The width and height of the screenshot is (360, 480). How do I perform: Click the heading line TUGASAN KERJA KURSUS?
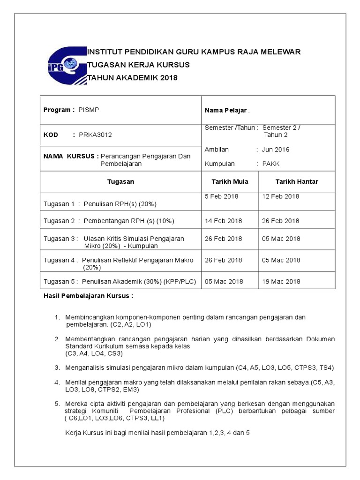(139, 65)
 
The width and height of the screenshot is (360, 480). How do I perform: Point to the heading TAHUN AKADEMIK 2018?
(133, 77)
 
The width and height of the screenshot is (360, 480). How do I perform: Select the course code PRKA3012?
(95, 135)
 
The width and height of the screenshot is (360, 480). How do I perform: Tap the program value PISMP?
(89, 110)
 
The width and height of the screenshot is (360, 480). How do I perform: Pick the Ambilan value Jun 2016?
(276, 150)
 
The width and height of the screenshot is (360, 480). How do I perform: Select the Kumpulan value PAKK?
(270, 164)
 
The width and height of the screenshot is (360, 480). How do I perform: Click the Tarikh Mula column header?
(230, 181)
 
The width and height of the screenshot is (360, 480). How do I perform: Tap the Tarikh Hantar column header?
(296, 181)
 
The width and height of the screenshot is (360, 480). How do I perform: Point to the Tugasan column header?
(120, 181)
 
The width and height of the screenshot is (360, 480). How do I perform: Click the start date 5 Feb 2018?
(221, 196)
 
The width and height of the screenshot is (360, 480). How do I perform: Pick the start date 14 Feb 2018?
(223, 220)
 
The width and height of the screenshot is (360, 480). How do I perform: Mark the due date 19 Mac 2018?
(281, 281)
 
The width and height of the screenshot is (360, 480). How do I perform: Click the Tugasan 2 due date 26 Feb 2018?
(280, 220)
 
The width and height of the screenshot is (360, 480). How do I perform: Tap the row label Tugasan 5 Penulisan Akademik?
(120, 281)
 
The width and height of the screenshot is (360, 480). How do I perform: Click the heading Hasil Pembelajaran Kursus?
(89, 296)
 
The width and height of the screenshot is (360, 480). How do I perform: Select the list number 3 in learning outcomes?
(57, 367)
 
